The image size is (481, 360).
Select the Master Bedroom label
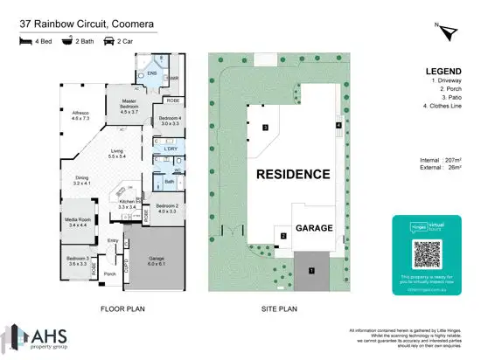click(x=129, y=105)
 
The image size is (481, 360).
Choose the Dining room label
click(x=81, y=181)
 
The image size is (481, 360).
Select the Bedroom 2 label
click(x=166, y=208)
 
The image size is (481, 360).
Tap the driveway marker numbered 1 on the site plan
click(x=311, y=270)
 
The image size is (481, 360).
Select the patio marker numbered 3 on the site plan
click(x=264, y=128)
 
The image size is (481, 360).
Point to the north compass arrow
click(x=450, y=32)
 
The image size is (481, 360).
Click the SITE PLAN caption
click(x=281, y=308)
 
